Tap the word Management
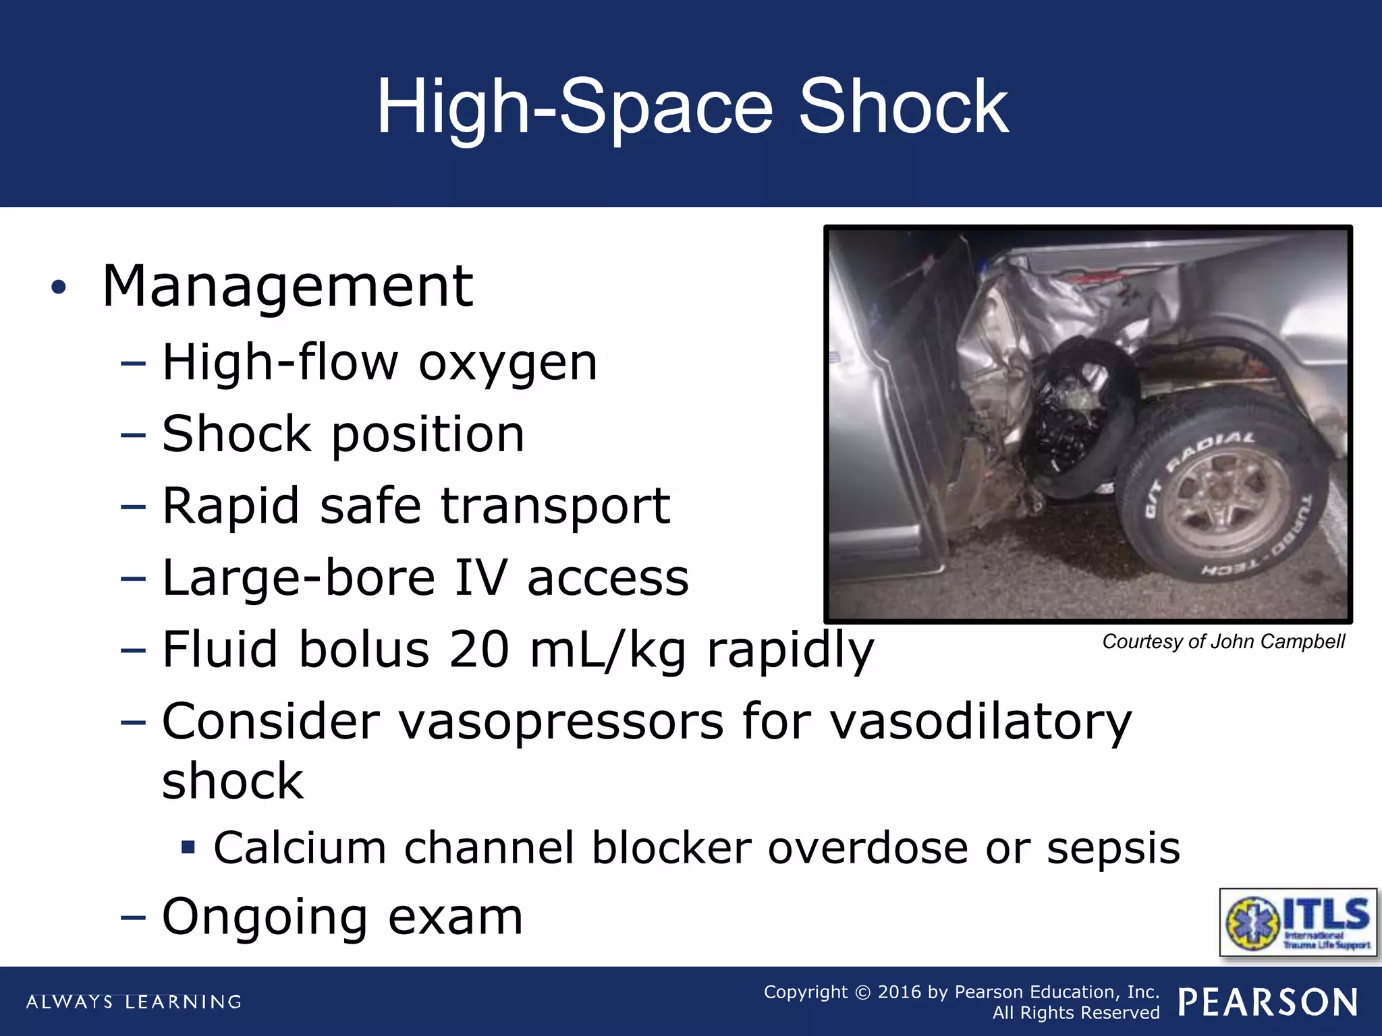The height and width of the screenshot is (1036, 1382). (287, 287)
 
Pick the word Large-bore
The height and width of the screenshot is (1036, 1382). (299, 578)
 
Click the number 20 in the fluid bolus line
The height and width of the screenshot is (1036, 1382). (478, 650)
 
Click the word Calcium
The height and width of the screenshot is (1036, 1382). (300, 848)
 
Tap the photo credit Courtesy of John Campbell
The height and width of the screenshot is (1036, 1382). (1223, 641)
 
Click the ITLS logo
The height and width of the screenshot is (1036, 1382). (1298, 923)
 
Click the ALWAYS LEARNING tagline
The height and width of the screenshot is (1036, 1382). (134, 1002)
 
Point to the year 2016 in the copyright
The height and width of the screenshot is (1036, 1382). (900, 992)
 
